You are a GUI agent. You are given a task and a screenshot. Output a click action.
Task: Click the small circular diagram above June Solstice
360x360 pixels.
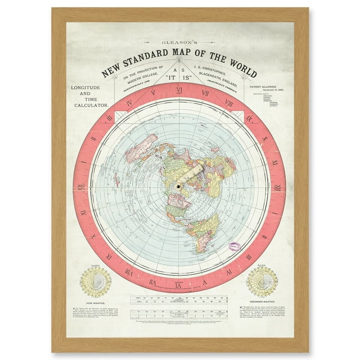[x=96, y=282]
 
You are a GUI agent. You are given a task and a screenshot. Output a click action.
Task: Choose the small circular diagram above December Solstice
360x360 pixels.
[x=262, y=281]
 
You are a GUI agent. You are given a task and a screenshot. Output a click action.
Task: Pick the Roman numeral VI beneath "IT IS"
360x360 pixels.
[x=179, y=89]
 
